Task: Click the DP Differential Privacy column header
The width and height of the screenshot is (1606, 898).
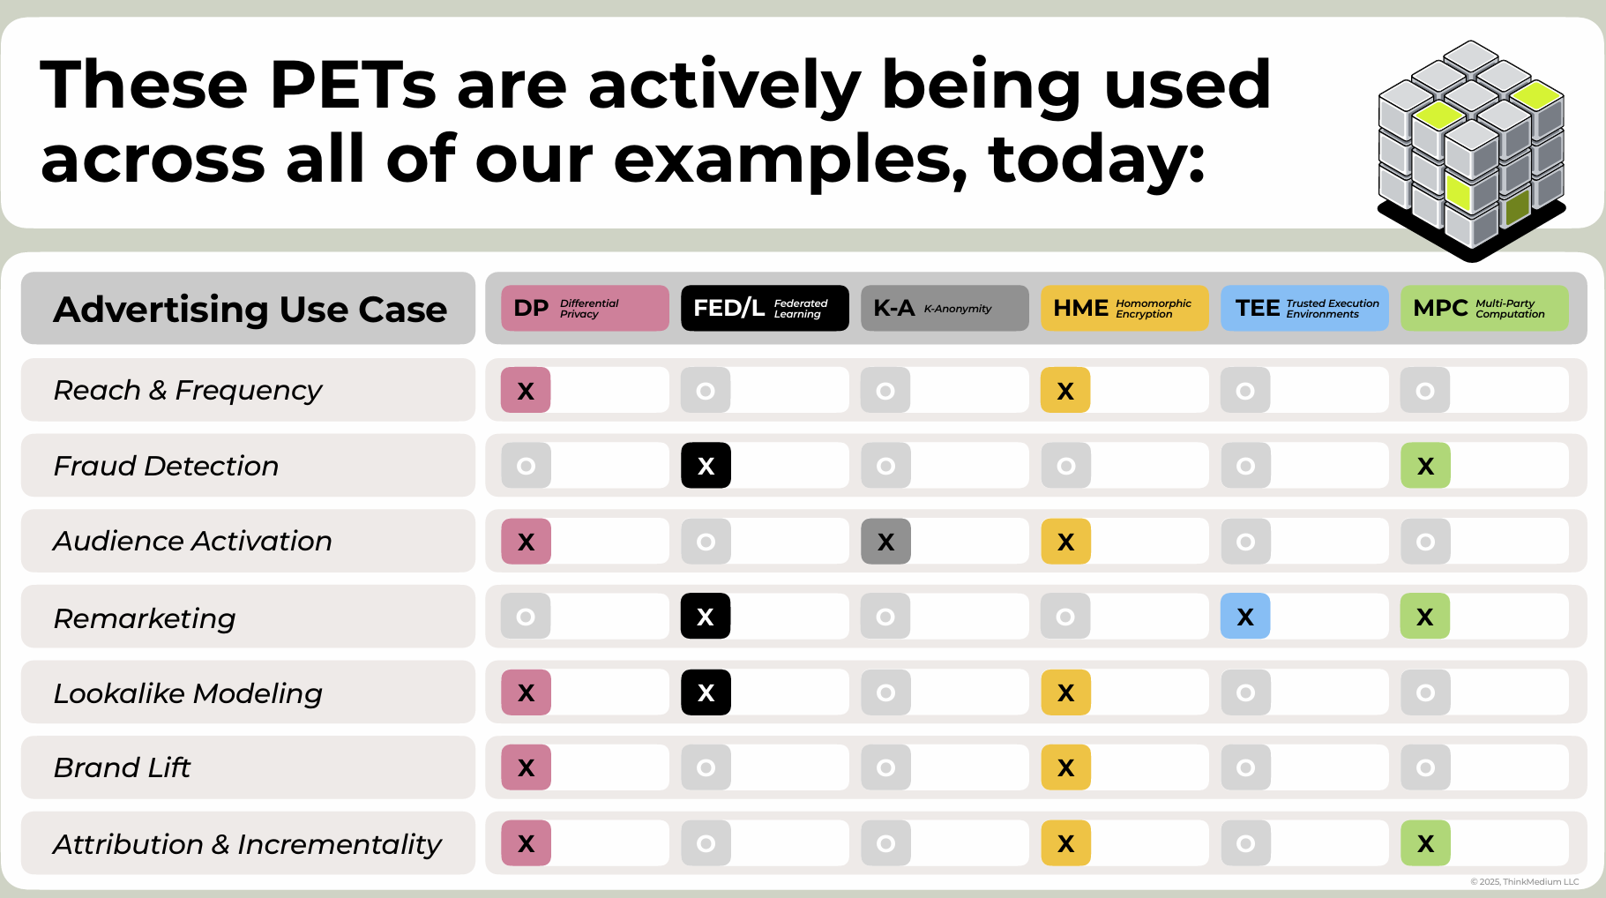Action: point(585,308)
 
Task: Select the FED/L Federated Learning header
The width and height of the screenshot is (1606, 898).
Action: point(765,308)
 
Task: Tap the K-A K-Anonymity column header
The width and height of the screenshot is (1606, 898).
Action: point(945,308)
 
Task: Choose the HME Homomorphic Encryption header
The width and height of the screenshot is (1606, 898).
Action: point(1124,308)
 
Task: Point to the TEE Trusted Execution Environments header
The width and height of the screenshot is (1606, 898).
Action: point(1304,308)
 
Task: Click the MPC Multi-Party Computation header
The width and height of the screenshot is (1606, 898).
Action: point(1484,308)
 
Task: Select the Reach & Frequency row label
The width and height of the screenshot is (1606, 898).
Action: point(188,390)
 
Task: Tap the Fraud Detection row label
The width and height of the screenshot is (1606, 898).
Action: point(166,466)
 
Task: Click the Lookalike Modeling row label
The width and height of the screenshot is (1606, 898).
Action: point(188,693)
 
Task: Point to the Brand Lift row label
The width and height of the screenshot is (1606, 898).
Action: point(122,767)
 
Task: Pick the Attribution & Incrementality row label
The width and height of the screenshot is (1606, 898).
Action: point(247,844)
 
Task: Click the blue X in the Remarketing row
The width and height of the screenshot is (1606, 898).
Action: point(1245,616)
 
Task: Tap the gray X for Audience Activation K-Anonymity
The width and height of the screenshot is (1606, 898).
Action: point(885,541)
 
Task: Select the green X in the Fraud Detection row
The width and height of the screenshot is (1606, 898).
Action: point(1425,465)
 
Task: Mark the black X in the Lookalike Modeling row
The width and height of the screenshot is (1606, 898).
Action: point(706,692)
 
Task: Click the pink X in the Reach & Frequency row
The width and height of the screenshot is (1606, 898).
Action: point(526,390)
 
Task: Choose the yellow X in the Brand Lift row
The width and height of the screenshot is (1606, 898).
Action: point(1065,767)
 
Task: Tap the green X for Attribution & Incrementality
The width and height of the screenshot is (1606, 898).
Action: point(1425,843)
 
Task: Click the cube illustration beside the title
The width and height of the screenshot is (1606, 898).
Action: point(1471,150)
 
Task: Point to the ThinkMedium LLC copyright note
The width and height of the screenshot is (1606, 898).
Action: point(1524,881)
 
